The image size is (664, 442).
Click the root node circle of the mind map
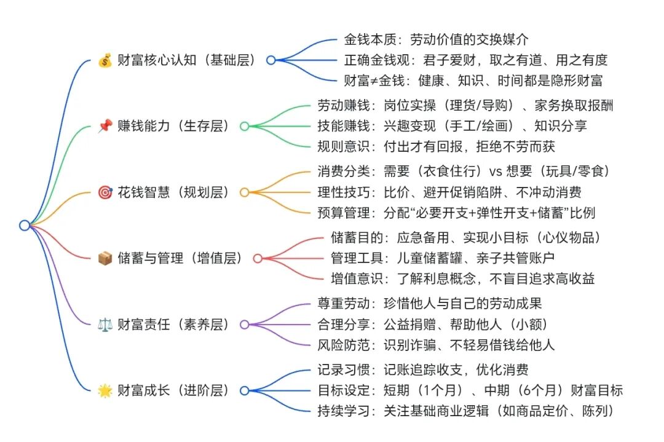tap(25, 225)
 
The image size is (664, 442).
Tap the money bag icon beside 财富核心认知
tap(105, 61)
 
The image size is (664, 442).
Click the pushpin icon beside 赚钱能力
tap(105, 127)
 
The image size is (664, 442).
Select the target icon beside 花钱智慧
tap(105, 192)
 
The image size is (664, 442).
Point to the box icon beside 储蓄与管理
tap(105, 259)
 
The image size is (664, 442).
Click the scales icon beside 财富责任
tap(105, 325)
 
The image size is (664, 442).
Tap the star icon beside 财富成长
tap(105, 390)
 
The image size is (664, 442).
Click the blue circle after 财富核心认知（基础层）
tap(271, 60)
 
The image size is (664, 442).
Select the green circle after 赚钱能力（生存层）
tap(244, 126)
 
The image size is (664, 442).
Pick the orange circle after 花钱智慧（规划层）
tap(244, 192)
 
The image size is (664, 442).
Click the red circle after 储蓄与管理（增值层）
tap(258, 258)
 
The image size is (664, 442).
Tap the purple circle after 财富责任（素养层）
tap(244, 324)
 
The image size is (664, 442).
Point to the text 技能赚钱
tap(334, 126)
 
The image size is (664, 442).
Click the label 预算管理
tap(334, 213)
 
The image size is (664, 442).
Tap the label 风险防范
tap(334, 344)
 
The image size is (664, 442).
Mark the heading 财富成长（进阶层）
tap(173, 390)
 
